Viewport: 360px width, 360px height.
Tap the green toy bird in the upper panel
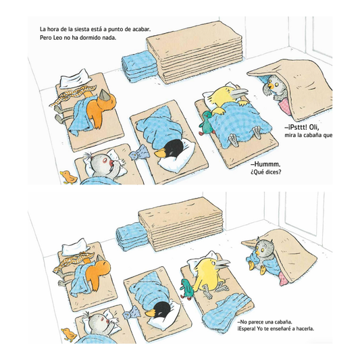coord(206,122)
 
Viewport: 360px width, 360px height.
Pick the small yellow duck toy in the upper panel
coord(68,177)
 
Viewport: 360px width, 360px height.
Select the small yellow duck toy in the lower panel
coord(69,334)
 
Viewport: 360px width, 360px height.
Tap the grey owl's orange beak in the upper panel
coord(272,86)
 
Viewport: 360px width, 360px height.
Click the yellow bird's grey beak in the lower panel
coord(222,264)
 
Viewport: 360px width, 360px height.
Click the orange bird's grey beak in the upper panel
coord(105,95)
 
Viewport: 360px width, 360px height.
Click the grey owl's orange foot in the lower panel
coord(262,271)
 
